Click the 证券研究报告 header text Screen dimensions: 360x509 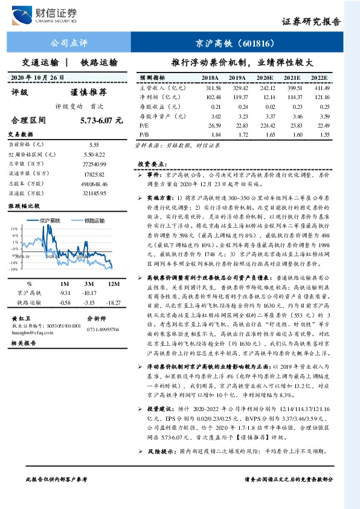tap(311, 21)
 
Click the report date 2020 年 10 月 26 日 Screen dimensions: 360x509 tap(38, 78)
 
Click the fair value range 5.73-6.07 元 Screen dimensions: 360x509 tap(97, 121)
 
